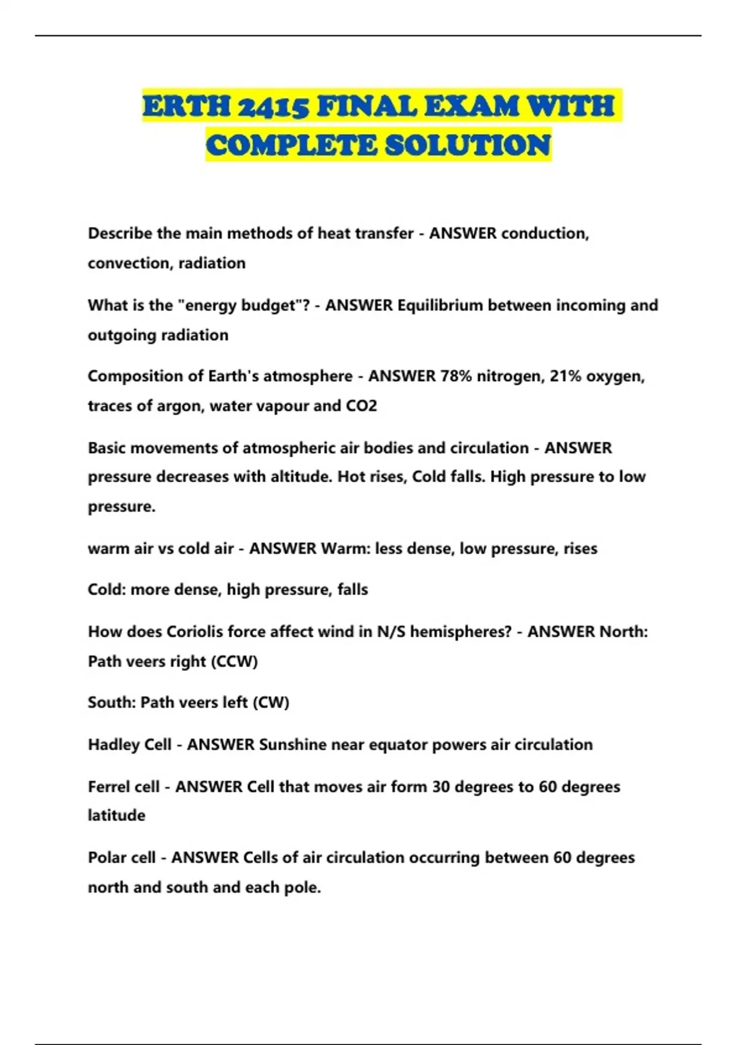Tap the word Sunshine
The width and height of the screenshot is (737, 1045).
pos(292,744)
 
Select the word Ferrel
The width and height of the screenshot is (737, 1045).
pos(112,787)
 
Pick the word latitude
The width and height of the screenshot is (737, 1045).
pos(117,816)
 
